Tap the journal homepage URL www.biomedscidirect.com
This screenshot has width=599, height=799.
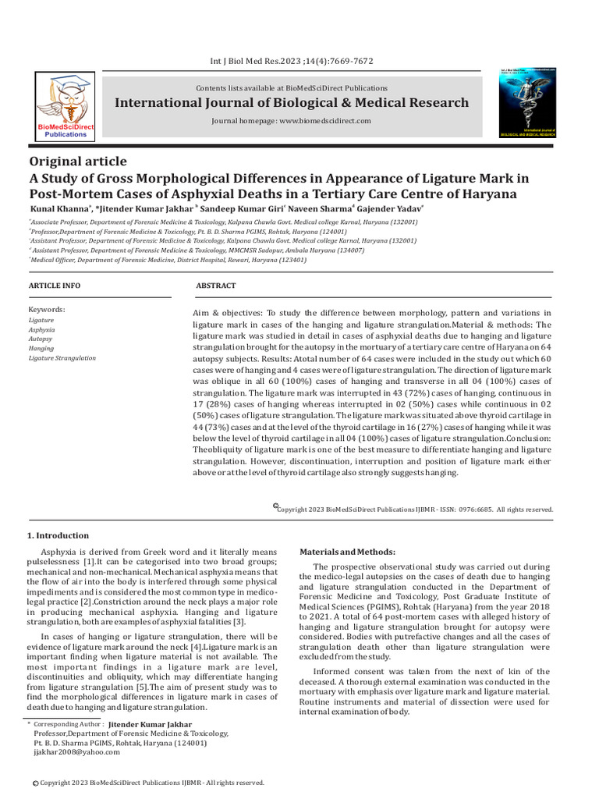pyautogui.click(x=325, y=122)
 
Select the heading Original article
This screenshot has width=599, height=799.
pyautogui.click(x=77, y=162)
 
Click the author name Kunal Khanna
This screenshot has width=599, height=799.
pyautogui.click(x=58, y=209)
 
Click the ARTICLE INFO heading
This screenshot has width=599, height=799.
pyautogui.click(x=54, y=286)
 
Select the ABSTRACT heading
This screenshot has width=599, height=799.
pyautogui.click(x=216, y=286)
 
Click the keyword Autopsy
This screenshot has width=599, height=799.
pyautogui.click(x=41, y=339)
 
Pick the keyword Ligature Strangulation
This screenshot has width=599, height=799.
pyautogui.click(x=62, y=358)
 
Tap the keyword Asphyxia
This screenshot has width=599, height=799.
pyautogui.click(x=42, y=330)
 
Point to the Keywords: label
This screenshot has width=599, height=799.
pyautogui.click(x=47, y=310)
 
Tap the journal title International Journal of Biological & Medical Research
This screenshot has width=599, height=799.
pyautogui.click(x=292, y=103)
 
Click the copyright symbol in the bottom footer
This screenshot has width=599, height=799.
pyautogui.click(x=34, y=783)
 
